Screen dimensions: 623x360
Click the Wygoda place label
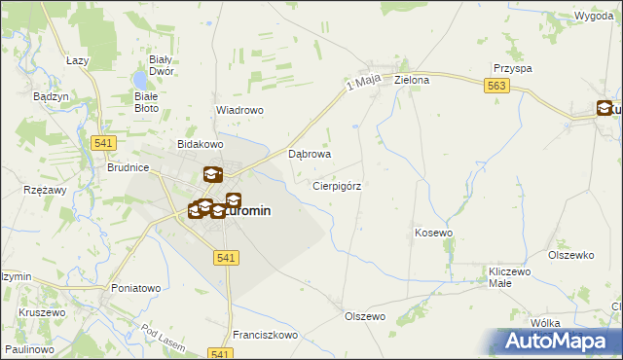[x=593, y=18]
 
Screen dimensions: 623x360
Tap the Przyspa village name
[x=512, y=69]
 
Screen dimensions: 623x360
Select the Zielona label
[x=412, y=80]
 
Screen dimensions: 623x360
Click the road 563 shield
[x=496, y=87]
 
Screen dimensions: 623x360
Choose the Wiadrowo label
[x=239, y=111]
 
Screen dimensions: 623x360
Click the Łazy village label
[x=79, y=60]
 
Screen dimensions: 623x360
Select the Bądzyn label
[x=50, y=97]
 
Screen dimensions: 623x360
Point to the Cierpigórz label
[x=338, y=185]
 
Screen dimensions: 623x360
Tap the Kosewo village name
[x=434, y=234]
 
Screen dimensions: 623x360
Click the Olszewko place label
[x=571, y=255]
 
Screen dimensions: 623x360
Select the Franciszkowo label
[x=265, y=335]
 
